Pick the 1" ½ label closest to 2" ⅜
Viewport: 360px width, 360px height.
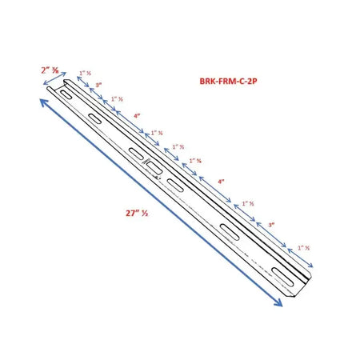pyautogui.click(x=85, y=73)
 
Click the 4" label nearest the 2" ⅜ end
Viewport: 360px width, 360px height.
pyautogui.click(x=137, y=117)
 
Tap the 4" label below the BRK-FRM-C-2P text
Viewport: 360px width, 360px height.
pyautogui.click(x=221, y=182)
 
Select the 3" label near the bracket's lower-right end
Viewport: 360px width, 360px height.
pyautogui.click(x=271, y=225)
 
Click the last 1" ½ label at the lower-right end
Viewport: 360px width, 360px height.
pyautogui.click(x=301, y=249)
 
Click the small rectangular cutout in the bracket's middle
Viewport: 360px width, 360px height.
pyautogui.click(x=152, y=167)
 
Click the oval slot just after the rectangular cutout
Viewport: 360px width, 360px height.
pyautogui.click(x=174, y=185)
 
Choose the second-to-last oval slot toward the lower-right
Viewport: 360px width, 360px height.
pyautogui.click(x=230, y=233)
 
